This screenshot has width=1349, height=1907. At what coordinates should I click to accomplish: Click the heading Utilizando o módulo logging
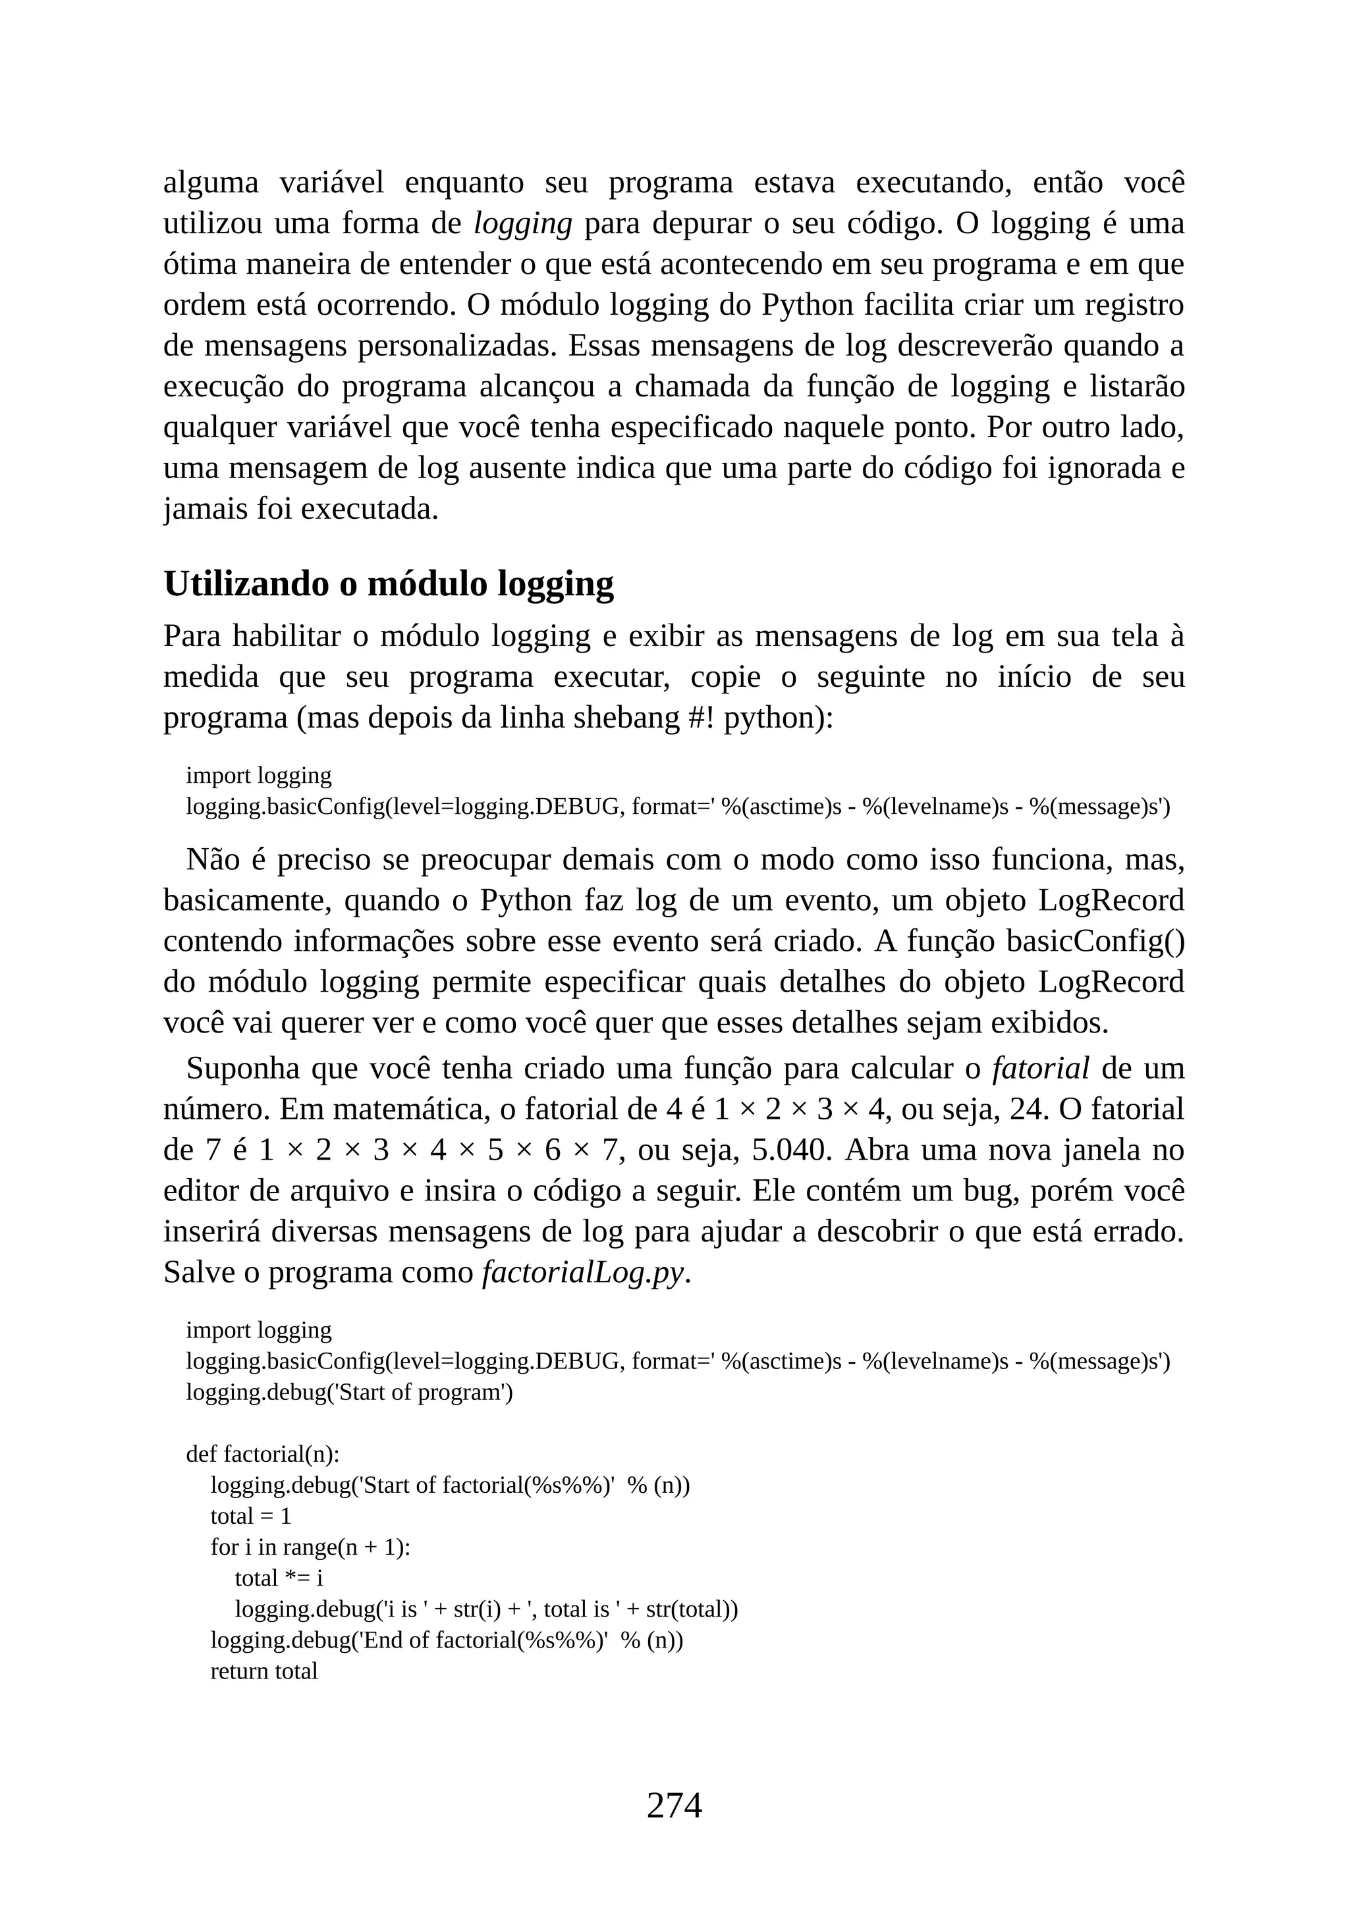388,584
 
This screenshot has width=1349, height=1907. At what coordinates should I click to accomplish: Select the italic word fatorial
1040,1068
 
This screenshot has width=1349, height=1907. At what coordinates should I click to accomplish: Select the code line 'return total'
263,1671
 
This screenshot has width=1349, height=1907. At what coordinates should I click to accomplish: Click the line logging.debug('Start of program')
349,1391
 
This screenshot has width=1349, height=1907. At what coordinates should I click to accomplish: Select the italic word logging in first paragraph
522,223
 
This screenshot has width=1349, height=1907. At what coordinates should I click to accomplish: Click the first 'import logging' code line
258,775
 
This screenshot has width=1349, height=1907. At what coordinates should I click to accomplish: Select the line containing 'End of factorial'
446,1640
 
